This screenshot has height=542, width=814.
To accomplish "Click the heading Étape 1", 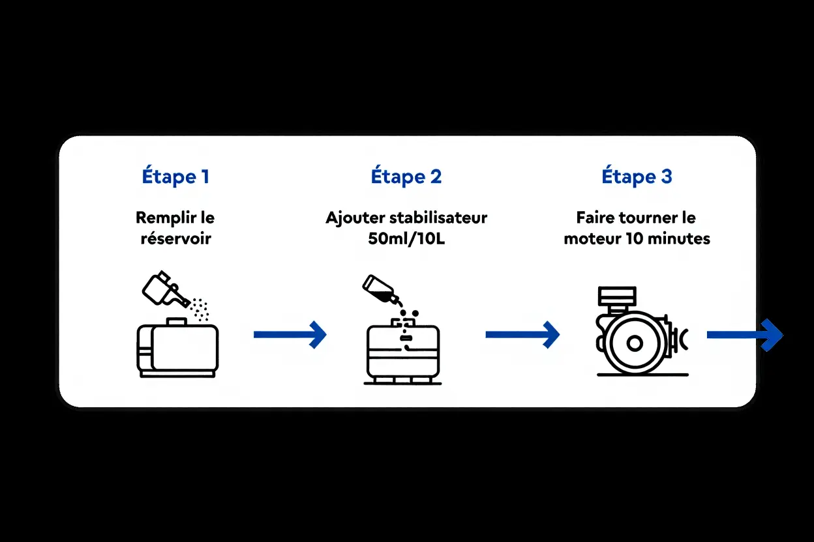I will pos(175,177).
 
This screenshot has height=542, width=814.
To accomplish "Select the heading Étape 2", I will pos(406,177).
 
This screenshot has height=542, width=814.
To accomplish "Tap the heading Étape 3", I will pos(637,177).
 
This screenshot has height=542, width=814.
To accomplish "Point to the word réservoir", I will pos(176,238).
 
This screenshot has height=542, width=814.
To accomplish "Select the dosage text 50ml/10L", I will pos(406,238).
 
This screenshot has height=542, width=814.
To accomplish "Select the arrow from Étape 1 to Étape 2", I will pos(290,334).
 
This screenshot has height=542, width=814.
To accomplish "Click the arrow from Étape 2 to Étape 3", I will pos(522,334).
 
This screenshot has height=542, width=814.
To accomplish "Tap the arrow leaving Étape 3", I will pos(744,335).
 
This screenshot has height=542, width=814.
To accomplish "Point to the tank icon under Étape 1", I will pos(177,349).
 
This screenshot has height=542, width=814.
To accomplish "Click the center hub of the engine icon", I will pos(634,343).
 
